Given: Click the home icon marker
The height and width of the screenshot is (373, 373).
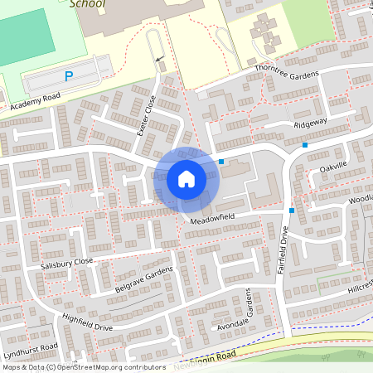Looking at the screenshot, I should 186,178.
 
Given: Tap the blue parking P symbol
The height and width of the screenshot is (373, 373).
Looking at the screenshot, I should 69,76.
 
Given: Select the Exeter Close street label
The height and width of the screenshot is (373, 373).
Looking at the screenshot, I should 145,115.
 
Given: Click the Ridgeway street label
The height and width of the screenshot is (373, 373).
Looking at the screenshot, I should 311,124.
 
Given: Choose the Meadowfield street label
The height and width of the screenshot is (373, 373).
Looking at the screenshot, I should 212,220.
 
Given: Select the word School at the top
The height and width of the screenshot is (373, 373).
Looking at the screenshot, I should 88,3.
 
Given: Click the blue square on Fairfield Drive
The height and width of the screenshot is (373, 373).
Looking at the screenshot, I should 292,211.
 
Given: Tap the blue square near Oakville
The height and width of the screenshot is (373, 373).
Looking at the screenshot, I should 305,145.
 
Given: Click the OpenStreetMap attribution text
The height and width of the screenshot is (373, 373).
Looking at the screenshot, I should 85,367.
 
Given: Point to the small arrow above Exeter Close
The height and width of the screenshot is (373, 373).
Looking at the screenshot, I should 158,59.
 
